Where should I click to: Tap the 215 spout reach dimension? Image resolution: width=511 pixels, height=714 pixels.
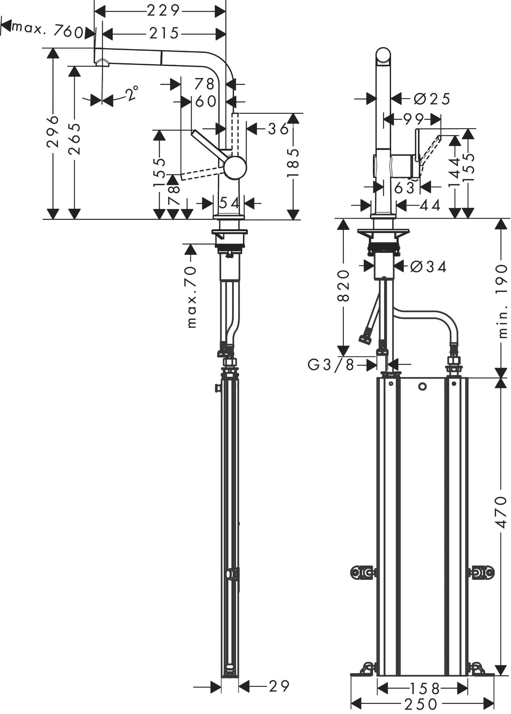pyautogui.click(x=164, y=33)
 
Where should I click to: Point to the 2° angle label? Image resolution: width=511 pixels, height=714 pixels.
pyautogui.click(x=132, y=93)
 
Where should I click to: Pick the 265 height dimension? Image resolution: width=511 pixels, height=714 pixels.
pyautogui.click(x=74, y=139)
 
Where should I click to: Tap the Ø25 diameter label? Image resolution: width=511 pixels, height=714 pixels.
pyautogui.click(x=432, y=99)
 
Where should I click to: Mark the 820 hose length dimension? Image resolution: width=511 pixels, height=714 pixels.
pyautogui.click(x=343, y=285)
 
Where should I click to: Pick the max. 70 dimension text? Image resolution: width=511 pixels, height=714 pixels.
pyautogui.click(x=191, y=297)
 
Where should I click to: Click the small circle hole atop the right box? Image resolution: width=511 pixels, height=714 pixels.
pyautogui.click(x=422, y=387)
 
